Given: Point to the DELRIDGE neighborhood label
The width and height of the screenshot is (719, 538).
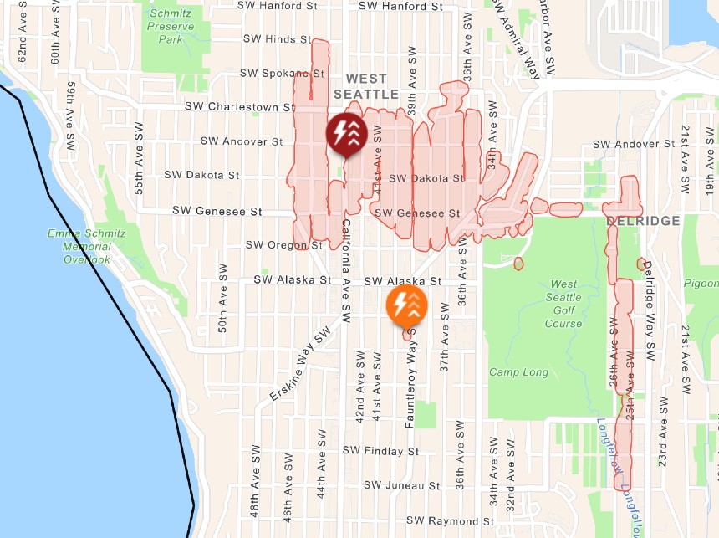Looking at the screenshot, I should tap(642, 220).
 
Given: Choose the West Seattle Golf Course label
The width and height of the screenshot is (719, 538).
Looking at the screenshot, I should tap(563, 304).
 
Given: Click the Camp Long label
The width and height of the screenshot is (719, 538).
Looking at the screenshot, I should tap(518, 372).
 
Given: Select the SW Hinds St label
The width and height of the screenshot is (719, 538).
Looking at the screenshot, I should tap(277, 39).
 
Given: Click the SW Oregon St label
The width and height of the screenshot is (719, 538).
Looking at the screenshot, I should tap(283, 245).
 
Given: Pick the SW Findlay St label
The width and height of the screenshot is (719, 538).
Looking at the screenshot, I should tap(380, 451).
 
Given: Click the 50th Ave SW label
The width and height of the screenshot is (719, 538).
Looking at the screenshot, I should tap(222, 299).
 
